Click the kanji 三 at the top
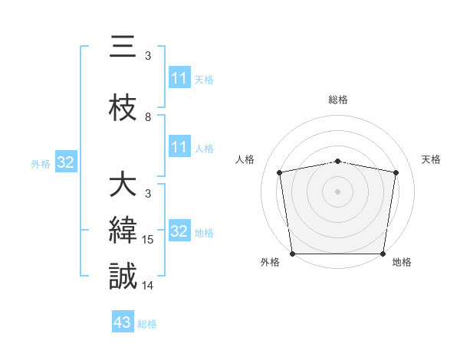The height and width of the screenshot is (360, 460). (123, 47)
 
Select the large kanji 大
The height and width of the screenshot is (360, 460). (123, 185)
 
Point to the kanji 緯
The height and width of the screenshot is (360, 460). (123, 231)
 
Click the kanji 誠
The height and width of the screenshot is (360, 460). (123, 276)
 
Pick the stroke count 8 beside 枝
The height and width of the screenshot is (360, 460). (148, 117)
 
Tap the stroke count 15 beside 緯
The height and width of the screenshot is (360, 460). (149, 240)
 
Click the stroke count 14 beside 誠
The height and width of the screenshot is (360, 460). (149, 286)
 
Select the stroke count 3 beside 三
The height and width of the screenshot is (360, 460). (148, 56)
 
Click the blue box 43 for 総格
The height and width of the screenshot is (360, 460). (123, 323)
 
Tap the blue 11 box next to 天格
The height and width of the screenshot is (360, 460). (179, 78)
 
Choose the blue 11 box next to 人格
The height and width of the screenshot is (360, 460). (179, 147)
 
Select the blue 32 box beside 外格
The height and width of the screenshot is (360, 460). (65, 162)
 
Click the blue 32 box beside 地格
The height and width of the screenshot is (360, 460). (179, 231)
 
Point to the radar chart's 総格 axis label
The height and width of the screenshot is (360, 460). (338, 100)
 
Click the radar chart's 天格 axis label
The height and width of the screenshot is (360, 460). (431, 159)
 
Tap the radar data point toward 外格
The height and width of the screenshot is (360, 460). (292, 254)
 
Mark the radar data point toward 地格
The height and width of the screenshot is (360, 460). (383, 254)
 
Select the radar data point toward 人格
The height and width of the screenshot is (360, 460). (280, 172)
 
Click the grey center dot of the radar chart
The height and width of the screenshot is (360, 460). (338, 191)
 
